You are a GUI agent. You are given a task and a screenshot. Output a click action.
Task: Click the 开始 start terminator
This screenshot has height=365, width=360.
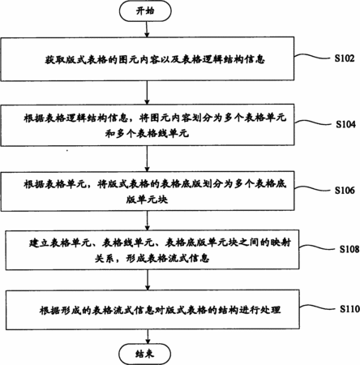[x=145, y=11]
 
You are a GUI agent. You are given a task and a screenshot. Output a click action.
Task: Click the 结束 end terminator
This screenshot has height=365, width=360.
[x=145, y=354]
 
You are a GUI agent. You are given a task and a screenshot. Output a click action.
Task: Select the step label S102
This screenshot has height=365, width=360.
[x=345, y=58]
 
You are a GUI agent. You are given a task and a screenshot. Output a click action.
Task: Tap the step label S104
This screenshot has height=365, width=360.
[x=345, y=124]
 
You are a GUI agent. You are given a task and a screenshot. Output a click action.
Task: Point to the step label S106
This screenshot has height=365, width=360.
[x=345, y=190]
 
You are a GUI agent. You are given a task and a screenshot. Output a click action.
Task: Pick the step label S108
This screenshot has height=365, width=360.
[x=349, y=249]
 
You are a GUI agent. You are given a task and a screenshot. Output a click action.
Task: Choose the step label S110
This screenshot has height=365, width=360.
[x=349, y=309]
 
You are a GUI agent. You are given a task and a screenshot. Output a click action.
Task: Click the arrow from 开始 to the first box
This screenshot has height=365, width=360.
[x=147, y=29]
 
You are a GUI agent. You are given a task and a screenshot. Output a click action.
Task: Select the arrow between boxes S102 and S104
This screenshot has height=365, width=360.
[x=147, y=92]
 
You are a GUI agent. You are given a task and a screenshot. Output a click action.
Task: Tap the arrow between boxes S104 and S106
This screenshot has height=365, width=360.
[x=147, y=158]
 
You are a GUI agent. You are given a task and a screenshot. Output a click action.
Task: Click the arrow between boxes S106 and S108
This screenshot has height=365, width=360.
[x=148, y=221]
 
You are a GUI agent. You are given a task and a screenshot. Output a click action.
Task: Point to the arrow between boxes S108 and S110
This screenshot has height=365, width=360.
[x=148, y=280]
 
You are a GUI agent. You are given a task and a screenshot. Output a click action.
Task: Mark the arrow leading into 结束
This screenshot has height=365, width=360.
[x=148, y=337]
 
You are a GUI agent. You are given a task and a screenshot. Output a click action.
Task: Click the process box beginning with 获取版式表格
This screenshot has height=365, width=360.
[x=148, y=58]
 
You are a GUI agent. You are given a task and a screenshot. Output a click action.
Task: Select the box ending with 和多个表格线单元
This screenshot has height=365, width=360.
[x=148, y=125]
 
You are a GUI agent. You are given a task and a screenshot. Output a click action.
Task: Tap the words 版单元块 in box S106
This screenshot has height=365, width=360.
[x=147, y=200]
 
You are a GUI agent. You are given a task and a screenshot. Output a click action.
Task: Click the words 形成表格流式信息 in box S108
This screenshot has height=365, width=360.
[x=168, y=259]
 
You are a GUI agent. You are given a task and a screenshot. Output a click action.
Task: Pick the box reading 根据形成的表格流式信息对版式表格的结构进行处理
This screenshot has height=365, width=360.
[x=152, y=310]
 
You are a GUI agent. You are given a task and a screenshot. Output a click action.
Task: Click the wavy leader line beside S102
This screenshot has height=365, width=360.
[x=313, y=57]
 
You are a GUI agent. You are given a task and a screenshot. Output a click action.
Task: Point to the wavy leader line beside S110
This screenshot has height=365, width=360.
[x=318, y=307]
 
